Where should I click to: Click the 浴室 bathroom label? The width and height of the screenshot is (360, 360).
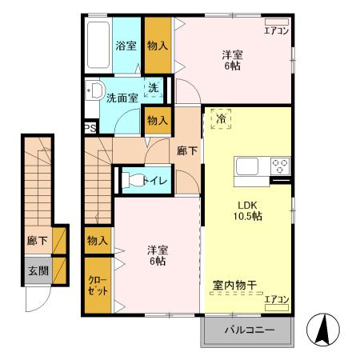click(126, 46)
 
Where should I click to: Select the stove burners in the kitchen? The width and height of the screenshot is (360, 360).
click(280, 167)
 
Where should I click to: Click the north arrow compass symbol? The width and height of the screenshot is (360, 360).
click(325, 329)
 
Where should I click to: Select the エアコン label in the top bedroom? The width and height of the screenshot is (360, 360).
click(276, 32)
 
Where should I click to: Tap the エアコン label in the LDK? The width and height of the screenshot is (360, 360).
click(276, 299)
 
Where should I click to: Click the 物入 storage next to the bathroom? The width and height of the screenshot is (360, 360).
click(158, 46)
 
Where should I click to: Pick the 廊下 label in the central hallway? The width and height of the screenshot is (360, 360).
click(187, 150)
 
